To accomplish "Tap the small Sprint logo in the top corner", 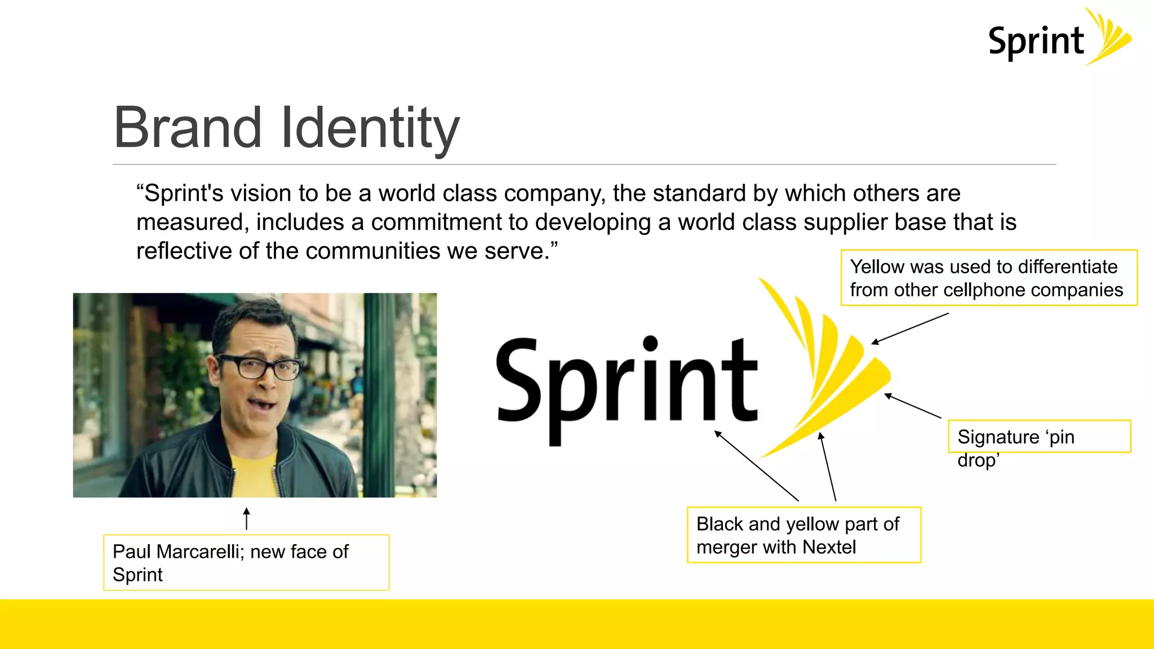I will click(x=1059, y=38).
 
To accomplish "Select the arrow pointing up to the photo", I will click(x=246, y=518).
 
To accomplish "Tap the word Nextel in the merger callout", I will click(x=829, y=547).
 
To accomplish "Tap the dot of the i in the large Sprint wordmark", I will click(x=650, y=343).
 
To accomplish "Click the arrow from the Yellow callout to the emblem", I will click(x=910, y=328).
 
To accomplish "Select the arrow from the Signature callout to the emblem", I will click(x=912, y=406).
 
